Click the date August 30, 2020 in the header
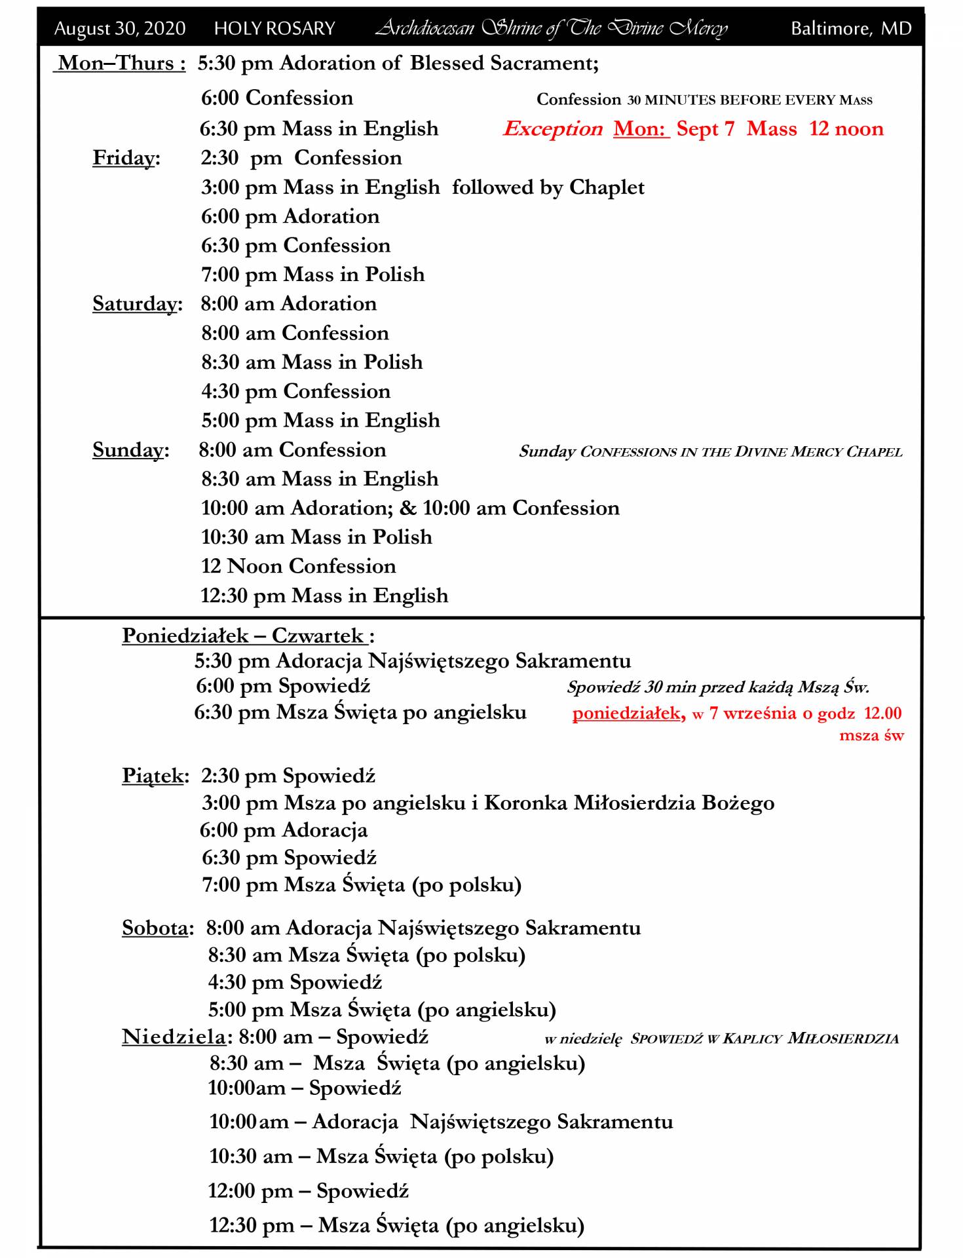click(120, 29)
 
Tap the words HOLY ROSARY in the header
click(274, 29)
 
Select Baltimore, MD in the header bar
click(851, 29)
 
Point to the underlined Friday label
click(126, 158)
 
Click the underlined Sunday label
click(130, 450)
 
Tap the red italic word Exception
click(553, 129)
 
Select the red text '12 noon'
click(846, 128)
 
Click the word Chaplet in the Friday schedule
click(607, 187)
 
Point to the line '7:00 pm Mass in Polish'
click(312, 275)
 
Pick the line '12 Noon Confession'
click(298, 566)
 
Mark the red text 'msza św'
click(871, 735)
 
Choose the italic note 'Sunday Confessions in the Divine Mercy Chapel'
click(710, 451)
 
